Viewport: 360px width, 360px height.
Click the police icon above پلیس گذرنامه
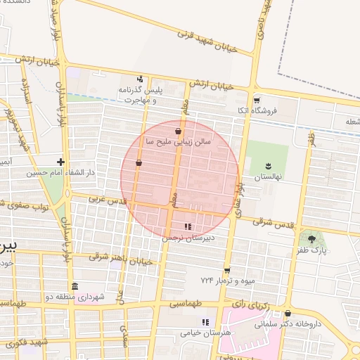pyautogui.click(x=140, y=79)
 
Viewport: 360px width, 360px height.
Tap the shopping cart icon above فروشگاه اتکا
pyautogui.click(x=256, y=100)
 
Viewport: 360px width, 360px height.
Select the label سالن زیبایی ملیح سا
pyautogui.click(x=179, y=141)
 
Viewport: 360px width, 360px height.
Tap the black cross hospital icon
pyautogui.click(x=61, y=162)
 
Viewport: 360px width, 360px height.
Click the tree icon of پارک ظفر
pyautogui.click(x=312, y=240)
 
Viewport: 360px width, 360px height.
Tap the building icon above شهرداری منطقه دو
pyautogui.click(x=75, y=285)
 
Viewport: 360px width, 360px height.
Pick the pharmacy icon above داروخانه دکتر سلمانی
pyautogui.click(x=288, y=313)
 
